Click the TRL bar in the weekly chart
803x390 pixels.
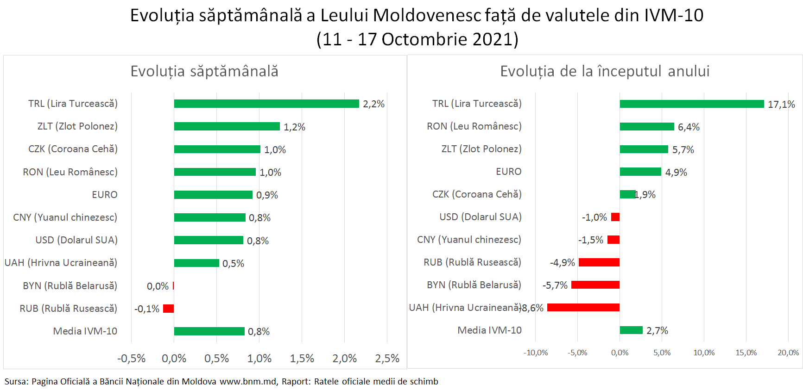click(x=266, y=104)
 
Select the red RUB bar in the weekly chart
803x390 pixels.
click(x=168, y=309)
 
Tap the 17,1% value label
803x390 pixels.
click(x=781, y=105)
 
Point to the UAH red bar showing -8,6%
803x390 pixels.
click(x=583, y=308)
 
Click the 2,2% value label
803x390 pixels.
click(x=373, y=104)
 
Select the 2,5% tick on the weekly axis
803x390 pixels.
click(x=387, y=359)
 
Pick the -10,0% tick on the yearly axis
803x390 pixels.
click(x=536, y=353)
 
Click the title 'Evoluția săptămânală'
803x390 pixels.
click(x=204, y=71)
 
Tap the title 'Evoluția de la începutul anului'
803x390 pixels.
click(x=605, y=71)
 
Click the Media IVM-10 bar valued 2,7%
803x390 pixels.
click(x=631, y=330)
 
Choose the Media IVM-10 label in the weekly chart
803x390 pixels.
click(x=85, y=331)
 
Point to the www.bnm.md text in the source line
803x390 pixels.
click(x=248, y=382)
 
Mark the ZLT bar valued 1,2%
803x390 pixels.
click(x=227, y=126)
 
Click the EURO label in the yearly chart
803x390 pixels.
click(x=508, y=172)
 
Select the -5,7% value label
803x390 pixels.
click(x=555, y=285)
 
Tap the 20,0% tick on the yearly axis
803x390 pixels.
click(x=788, y=353)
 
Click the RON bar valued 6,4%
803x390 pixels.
click(x=647, y=127)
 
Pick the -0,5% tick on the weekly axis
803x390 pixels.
click(x=131, y=359)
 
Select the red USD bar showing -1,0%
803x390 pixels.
click(x=615, y=217)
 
